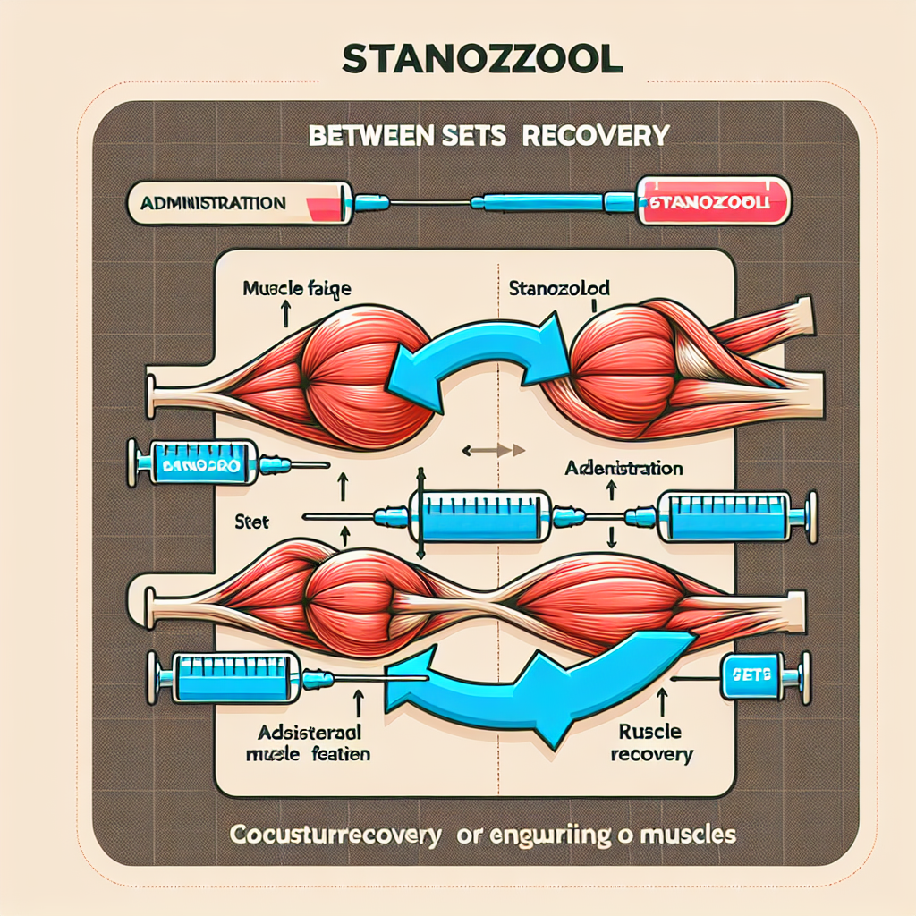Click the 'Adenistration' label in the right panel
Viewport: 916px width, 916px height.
click(x=624, y=469)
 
